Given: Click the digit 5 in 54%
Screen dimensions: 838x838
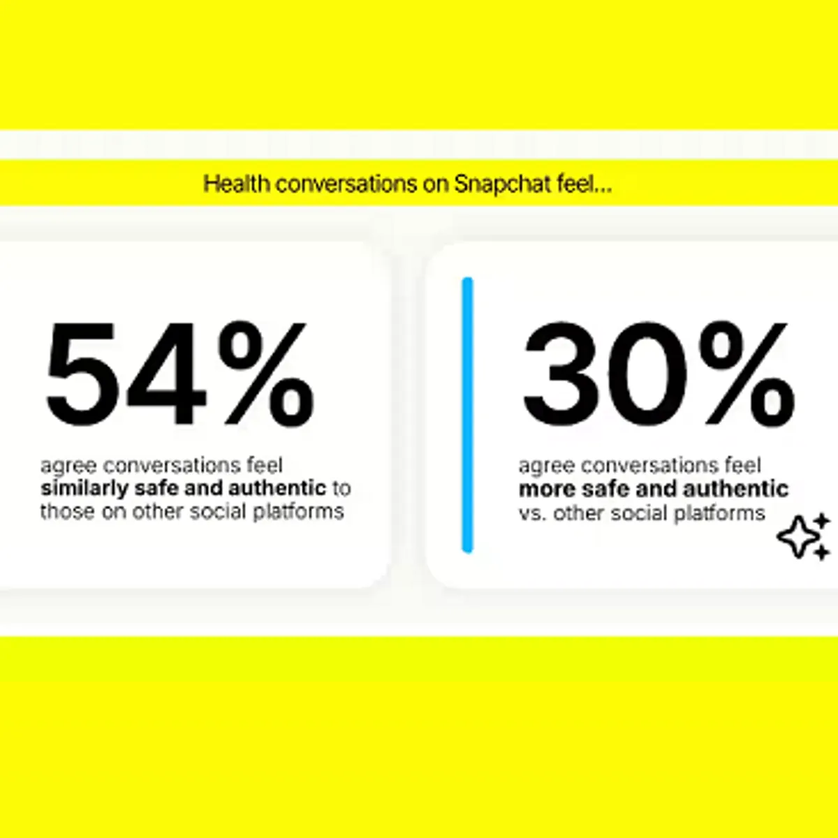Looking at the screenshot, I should pyautogui.click(x=82, y=375).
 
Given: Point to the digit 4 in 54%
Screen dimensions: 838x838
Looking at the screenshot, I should pyautogui.click(x=168, y=375).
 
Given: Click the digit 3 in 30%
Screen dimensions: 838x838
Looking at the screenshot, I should pyautogui.click(x=558, y=375).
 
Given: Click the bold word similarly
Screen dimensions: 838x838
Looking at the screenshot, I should pyautogui.click(x=84, y=489).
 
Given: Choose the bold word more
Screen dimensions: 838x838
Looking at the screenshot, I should pyautogui.click(x=547, y=489).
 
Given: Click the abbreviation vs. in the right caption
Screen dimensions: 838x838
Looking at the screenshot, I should pyautogui.click(x=532, y=513).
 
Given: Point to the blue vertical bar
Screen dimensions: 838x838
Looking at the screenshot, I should pyautogui.click(x=467, y=415).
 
